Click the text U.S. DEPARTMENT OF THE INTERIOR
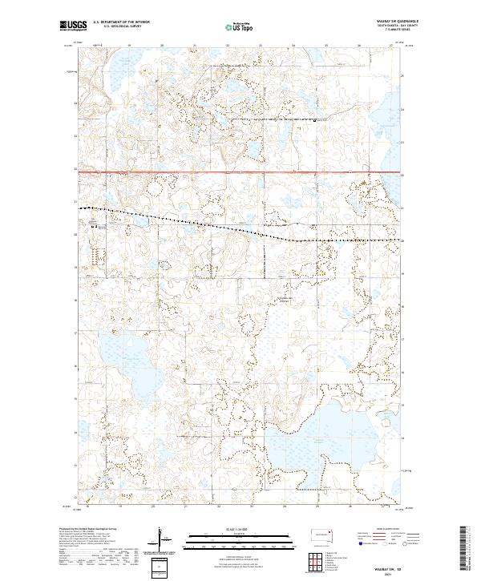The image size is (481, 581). coord(121,22)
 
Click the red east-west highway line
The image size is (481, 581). coord(240,171)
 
